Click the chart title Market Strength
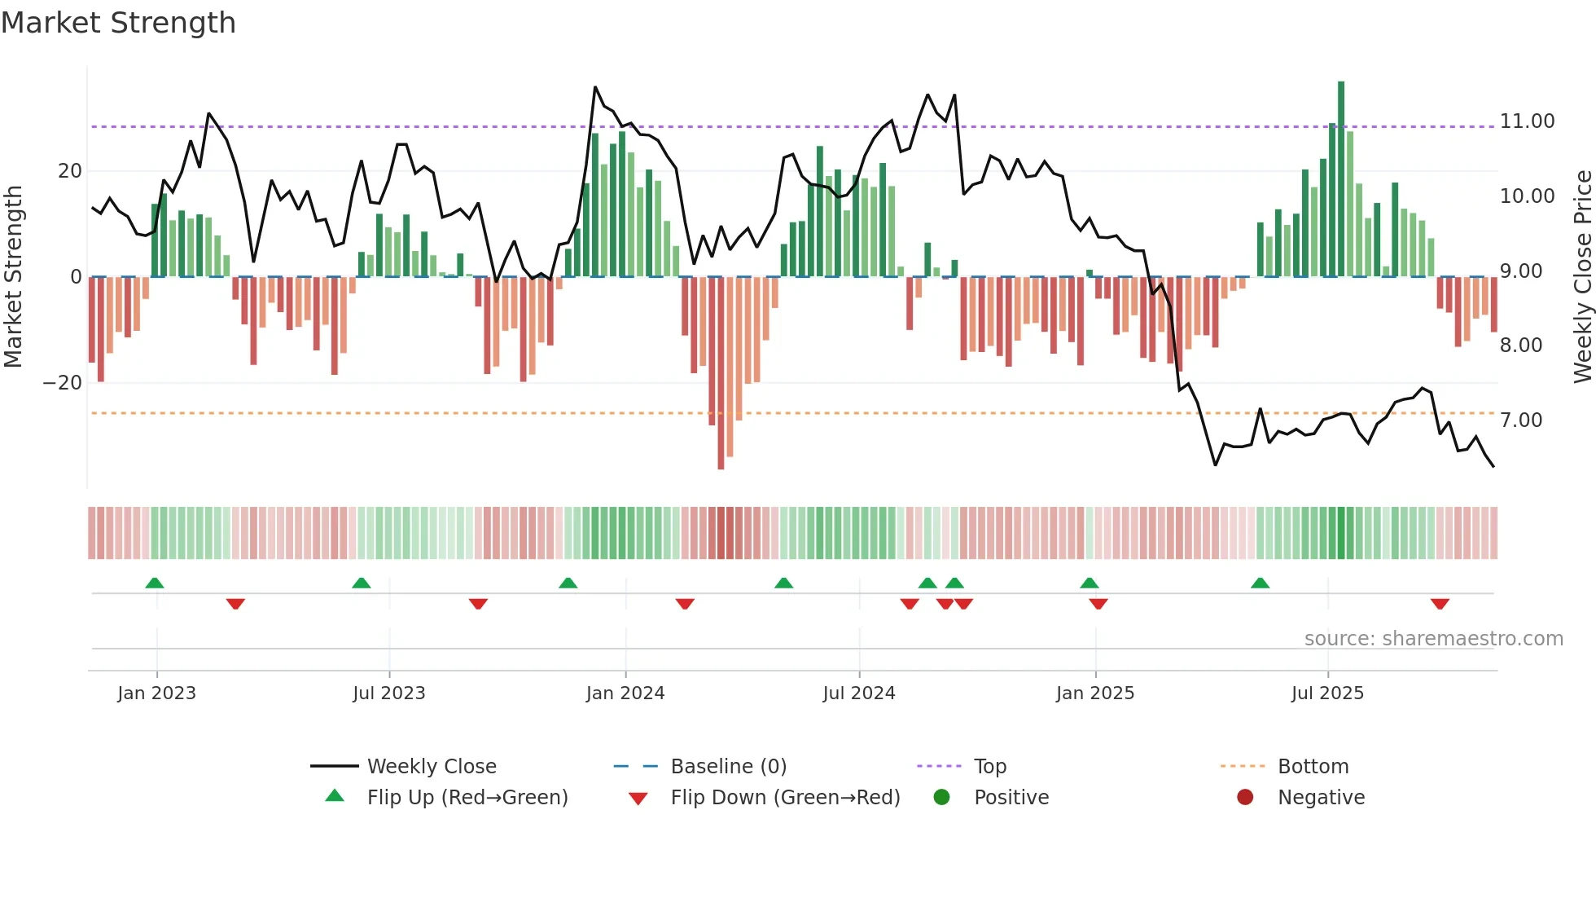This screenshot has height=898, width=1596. [x=118, y=23]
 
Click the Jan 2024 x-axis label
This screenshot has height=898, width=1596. [x=625, y=693]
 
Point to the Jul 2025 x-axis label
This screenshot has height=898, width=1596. [x=1327, y=693]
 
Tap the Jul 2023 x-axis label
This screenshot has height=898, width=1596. [x=389, y=693]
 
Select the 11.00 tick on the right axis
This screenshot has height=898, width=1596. [x=1527, y=121]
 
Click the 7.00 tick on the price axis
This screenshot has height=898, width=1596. [x=1521, y=420]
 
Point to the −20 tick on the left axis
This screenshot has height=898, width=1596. [x=63, y=383]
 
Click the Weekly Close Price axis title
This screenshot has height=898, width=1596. [x=1582, y=277]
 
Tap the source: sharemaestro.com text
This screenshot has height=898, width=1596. [x=1433, y=639]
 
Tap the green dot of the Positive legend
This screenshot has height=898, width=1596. [x=942, y=798]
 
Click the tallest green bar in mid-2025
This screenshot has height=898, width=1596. [x=1341, y=179]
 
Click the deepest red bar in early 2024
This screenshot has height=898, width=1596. [x=721, y=375]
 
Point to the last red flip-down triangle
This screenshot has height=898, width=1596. [x=1440, y=604]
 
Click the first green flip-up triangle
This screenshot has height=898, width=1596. [x=155, y=583]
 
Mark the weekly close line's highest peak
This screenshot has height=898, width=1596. [x=595, y=87]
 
